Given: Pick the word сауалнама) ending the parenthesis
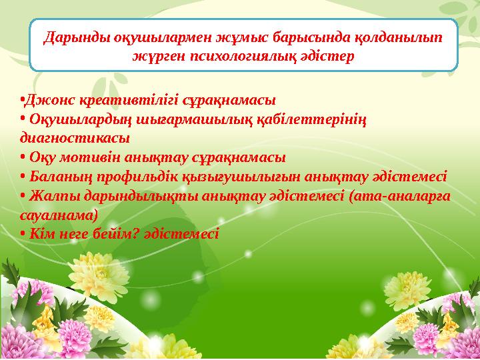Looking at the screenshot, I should click(x=59, y=215).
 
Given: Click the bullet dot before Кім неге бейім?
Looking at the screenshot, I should click(x=23, y=235).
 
